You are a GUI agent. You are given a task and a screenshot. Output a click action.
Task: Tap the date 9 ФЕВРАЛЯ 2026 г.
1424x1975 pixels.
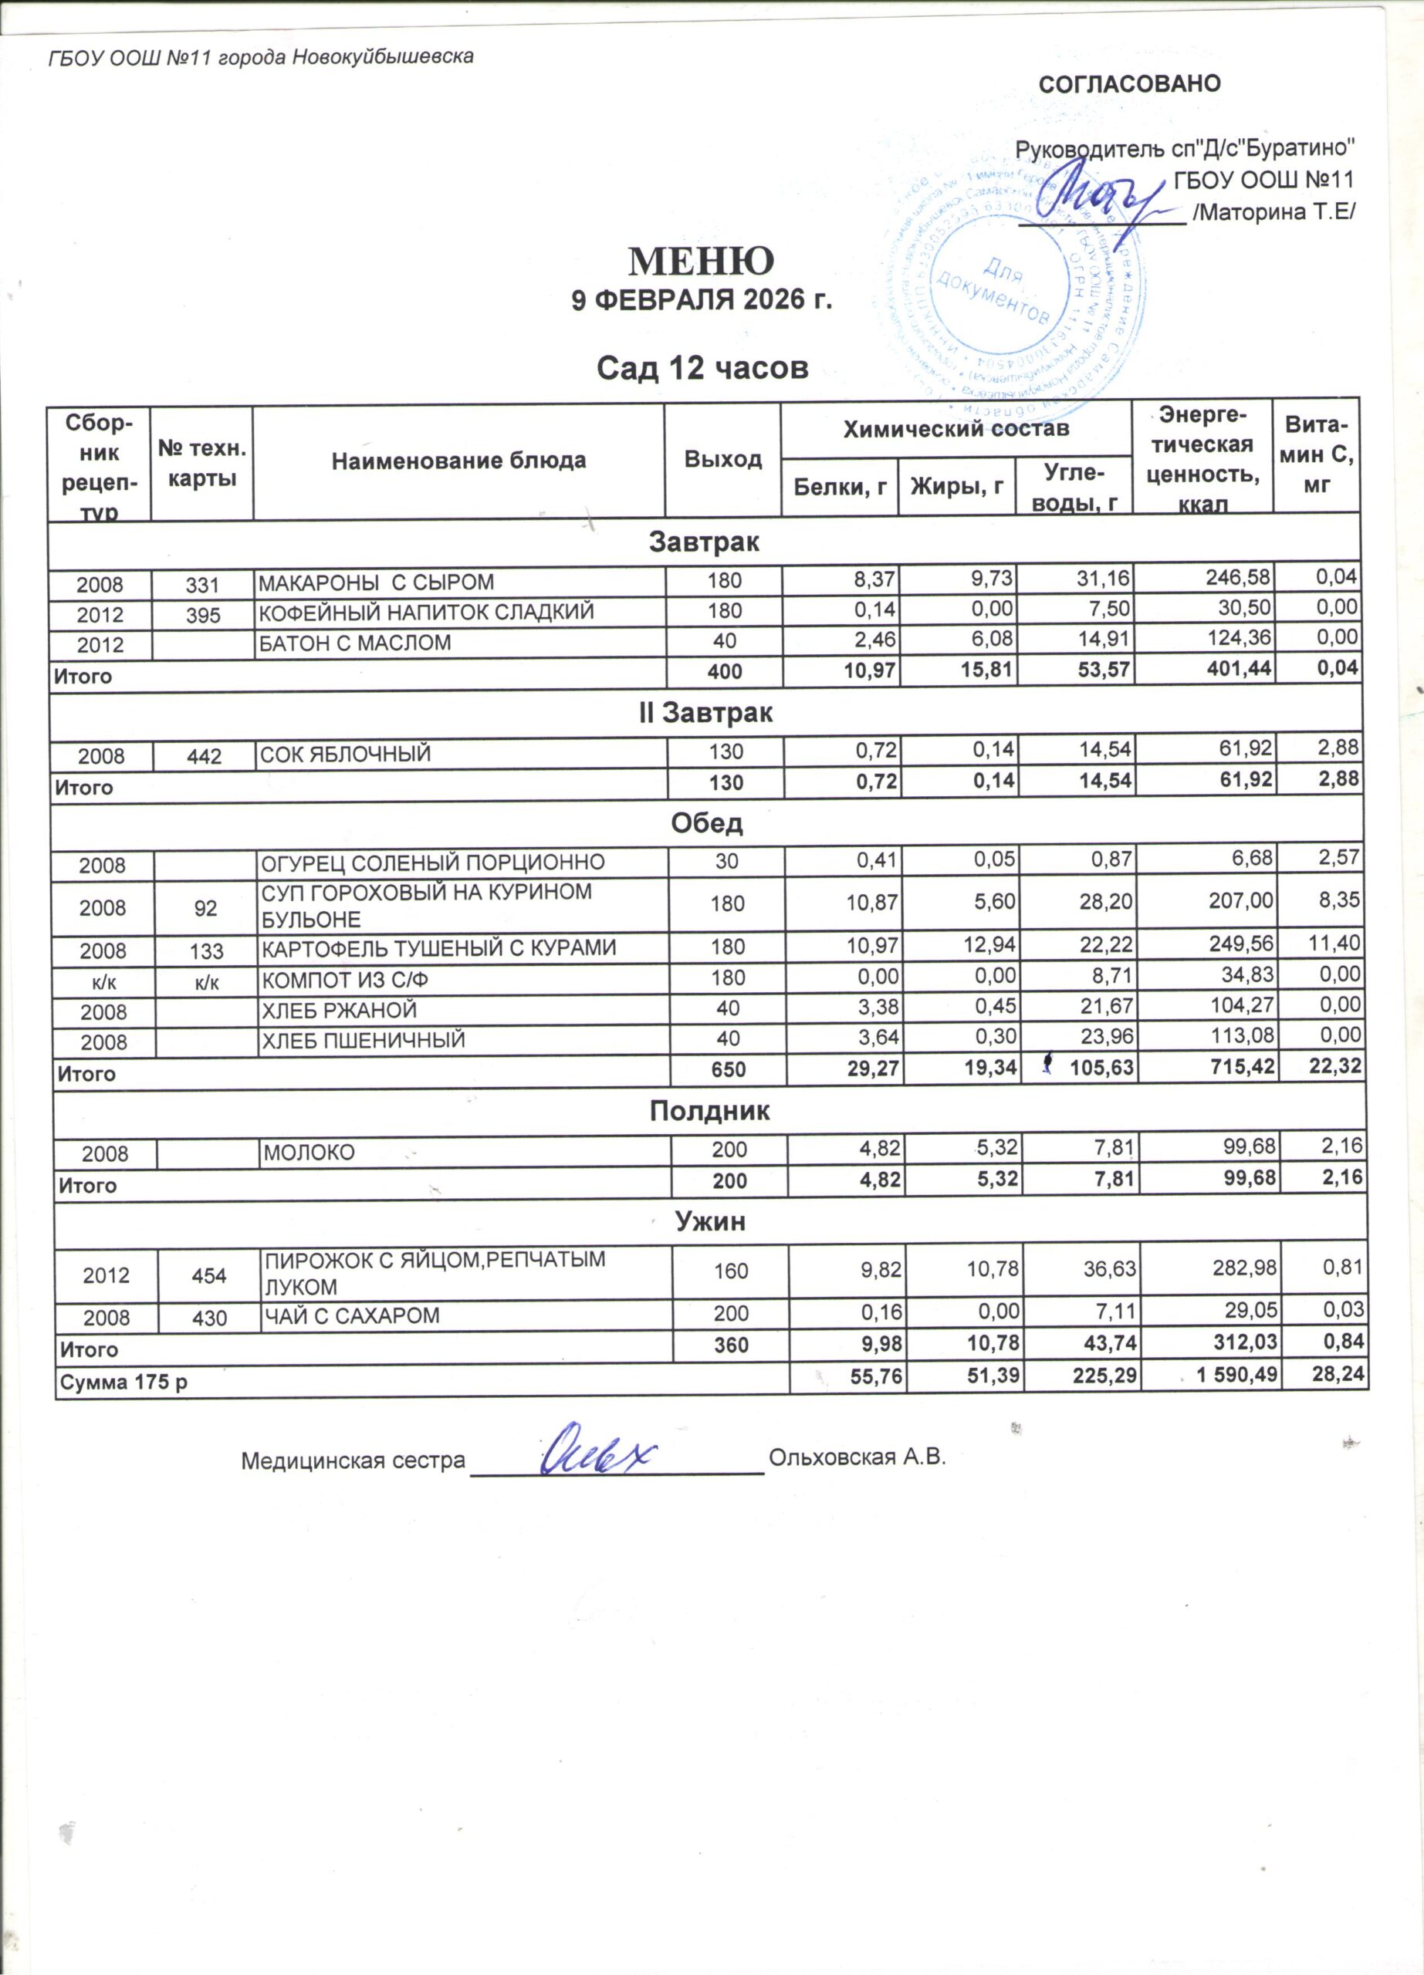point(701,300)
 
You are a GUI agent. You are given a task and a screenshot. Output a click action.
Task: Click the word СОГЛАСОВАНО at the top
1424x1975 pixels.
point(1130,83)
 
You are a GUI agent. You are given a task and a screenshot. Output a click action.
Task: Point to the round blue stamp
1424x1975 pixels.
point(1015,287)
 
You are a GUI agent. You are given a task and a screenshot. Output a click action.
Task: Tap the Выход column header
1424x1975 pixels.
point(723,459)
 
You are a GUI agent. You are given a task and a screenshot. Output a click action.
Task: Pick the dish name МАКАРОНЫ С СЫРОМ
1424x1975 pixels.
point(376,582)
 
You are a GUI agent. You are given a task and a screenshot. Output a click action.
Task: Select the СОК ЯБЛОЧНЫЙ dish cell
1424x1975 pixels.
point(346,754)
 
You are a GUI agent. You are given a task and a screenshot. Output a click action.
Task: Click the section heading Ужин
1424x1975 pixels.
point(711,1222)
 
